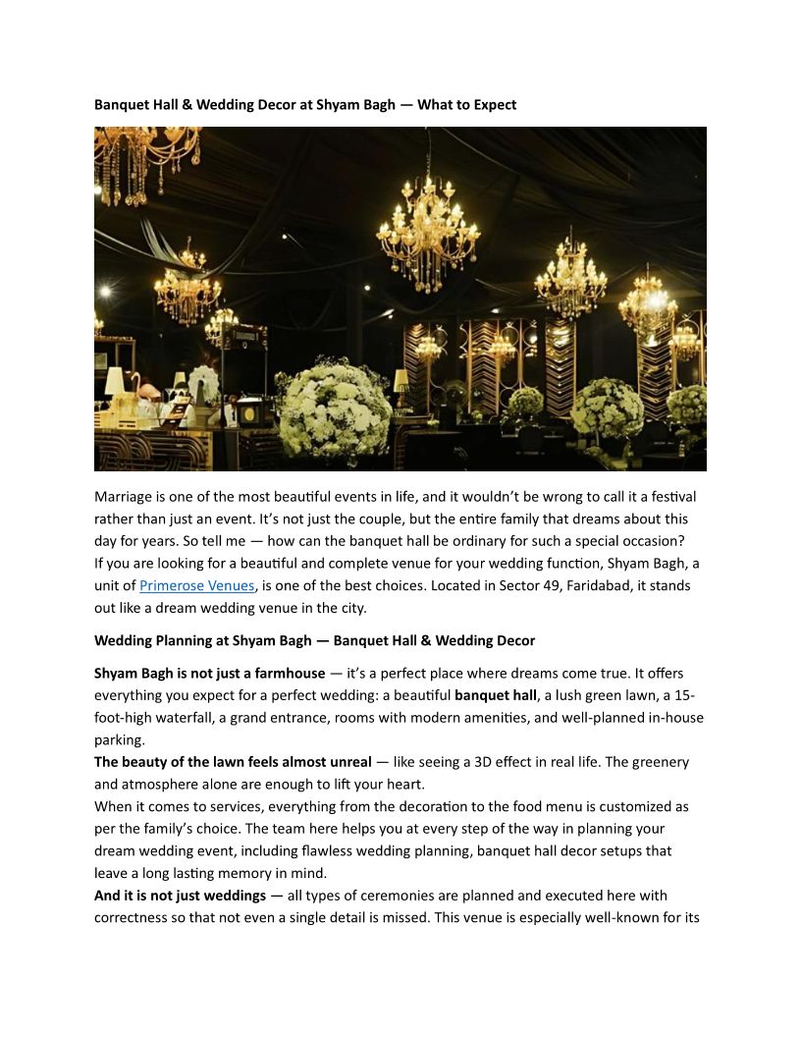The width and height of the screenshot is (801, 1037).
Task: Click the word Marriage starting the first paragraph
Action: (x=127, y=497)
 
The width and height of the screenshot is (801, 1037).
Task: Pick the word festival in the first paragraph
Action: (x=671, y=497)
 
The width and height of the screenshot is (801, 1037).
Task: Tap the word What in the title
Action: (x=435, y=105)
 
